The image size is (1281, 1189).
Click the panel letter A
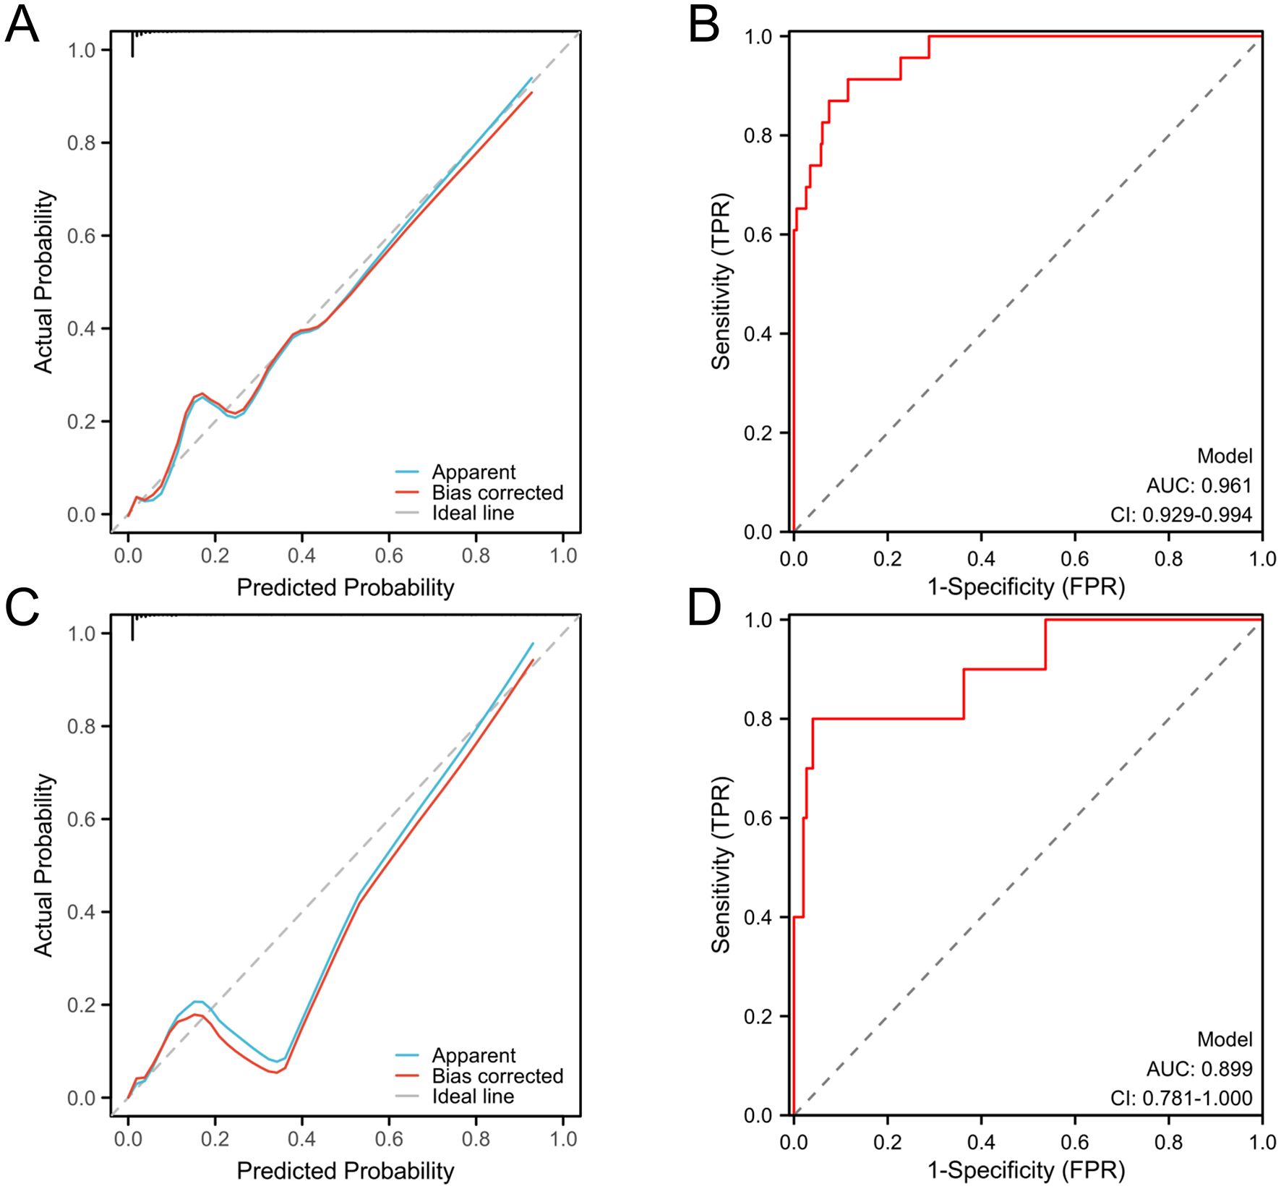pos(22,25)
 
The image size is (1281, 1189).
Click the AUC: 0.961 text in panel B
pos(1199,485)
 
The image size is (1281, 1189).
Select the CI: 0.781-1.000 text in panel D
pos(1181,1098)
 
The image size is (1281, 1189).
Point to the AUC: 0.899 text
pos(1199,1069)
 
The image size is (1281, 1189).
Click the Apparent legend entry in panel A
pos(474,472)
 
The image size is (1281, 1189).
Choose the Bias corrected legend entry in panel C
pos(497,1076)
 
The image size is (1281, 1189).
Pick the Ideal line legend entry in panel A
pos(473,513)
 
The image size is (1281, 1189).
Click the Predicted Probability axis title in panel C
pos(345,1170)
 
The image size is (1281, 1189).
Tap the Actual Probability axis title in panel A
pos(43,282)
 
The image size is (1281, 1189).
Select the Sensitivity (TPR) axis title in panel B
pos(721,282)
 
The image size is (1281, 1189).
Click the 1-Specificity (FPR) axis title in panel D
pos(1026,1169)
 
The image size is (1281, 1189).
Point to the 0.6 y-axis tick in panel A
pos(81,236)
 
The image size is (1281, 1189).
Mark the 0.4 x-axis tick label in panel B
pos(981,558)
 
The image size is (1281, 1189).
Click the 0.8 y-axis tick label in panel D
pos(758,719)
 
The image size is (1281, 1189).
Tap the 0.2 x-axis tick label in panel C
pos(215,1139)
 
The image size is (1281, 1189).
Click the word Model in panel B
pos(1225,456)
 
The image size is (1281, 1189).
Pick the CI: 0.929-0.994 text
pos(1181,515)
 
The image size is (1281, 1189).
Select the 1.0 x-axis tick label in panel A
pos(563,555)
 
